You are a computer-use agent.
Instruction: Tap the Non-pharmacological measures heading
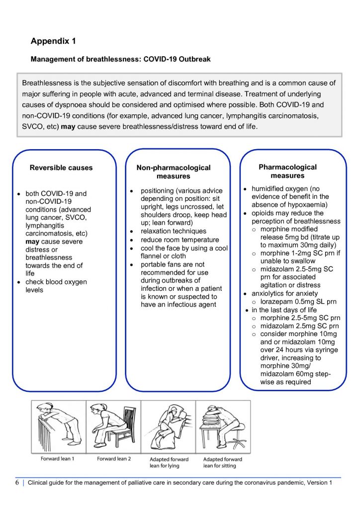click(x=174, y=172)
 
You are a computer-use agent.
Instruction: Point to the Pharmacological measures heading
click(x=287, y=171)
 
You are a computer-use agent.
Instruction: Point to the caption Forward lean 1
click(x=57, y=459)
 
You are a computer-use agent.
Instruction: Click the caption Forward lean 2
click(x=114, y=459)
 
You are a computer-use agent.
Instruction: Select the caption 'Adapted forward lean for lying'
click(x=169, y=462)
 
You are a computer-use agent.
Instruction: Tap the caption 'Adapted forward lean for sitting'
click(x=223, y=462)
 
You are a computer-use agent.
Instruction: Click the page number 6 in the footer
click(x=17, y=483)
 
